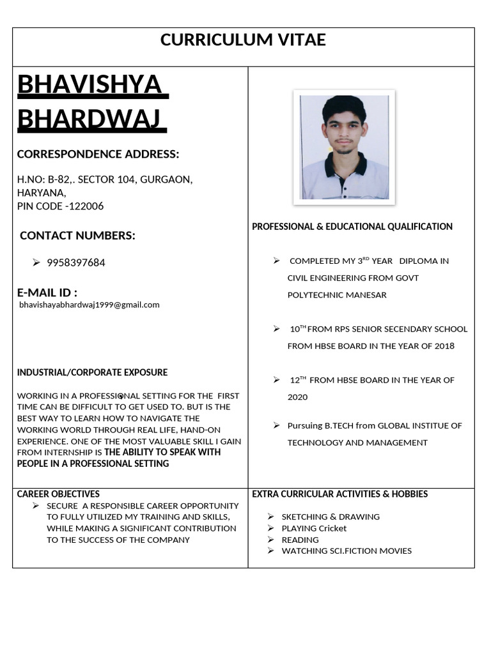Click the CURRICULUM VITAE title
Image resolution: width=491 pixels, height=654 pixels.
click(243, 40)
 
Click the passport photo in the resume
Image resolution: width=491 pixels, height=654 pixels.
click(344, 147)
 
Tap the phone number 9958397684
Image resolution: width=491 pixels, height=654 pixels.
click(76, 262)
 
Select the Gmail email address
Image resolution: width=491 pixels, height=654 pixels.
click(90, 305)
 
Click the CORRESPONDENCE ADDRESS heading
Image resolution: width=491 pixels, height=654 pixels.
click(98, 154)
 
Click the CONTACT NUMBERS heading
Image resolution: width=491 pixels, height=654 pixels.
click(77, 236)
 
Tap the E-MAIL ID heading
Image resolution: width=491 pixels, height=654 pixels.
click(47, 293)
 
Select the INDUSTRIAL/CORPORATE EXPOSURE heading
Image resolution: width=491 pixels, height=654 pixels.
click(92, 372)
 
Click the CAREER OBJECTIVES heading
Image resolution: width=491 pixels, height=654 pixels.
click(58, 494)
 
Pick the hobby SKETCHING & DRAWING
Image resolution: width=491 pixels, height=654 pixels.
click(331, 517)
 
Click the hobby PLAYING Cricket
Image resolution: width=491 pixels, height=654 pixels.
click(314, 528)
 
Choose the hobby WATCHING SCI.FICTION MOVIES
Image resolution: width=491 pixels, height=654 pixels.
click(347, 551)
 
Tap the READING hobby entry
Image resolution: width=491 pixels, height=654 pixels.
click(300, 540)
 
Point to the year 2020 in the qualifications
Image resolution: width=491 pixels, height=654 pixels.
click(297, 397)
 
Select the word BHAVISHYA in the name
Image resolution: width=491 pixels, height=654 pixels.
click(89, 85)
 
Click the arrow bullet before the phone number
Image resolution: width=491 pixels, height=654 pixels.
click(36, 262)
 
